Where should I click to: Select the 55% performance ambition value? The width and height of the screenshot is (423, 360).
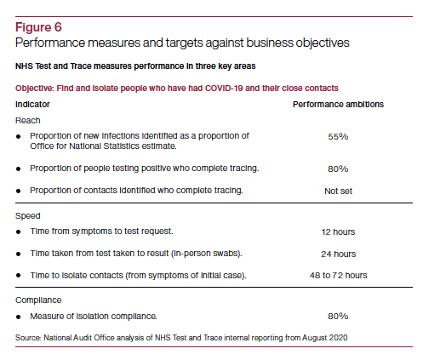point(338,135)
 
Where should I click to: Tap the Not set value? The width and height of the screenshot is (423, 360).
point(338,190)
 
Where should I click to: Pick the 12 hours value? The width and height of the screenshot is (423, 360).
point(338,231)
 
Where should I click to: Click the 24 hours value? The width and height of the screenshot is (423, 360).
point(338,253)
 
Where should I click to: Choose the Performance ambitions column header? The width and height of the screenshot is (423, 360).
point(338,103)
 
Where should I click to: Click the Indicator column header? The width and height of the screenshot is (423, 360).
point(33,103)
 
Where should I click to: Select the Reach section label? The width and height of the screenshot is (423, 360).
point(29,120)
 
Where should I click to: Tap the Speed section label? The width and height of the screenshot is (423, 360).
point(29,216)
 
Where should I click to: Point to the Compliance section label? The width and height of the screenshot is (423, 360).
point(40,300)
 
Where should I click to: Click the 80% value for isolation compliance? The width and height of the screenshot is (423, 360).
point(338,317)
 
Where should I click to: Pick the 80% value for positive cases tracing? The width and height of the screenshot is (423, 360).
point(338,168)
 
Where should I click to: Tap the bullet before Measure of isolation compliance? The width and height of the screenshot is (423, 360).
point(20,317)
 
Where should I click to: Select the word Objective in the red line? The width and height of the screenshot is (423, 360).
point(36,88)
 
